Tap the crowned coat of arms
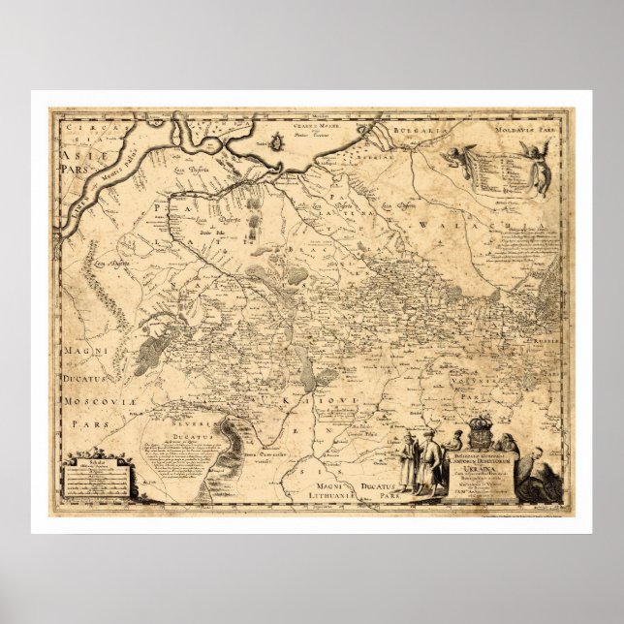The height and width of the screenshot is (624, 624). click(481, 428)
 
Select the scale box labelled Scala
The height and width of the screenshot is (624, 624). click(93, 475)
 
